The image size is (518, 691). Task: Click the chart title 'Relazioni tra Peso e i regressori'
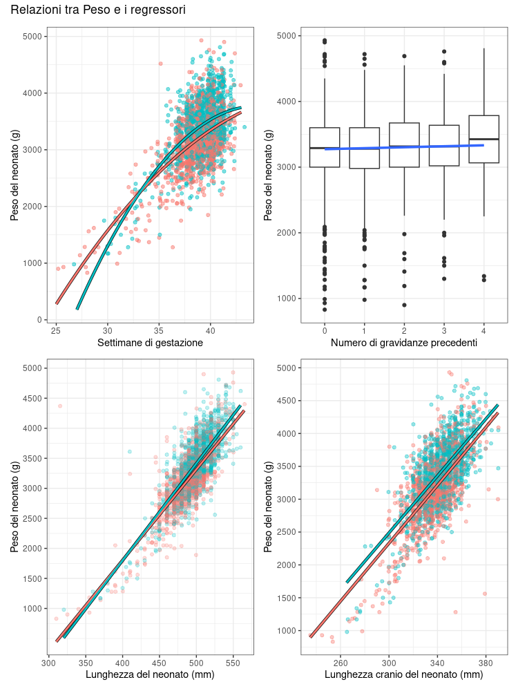click(98, 10)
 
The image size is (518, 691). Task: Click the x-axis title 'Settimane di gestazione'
click(150, 343)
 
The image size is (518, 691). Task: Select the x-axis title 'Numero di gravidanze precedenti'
click(404, 343)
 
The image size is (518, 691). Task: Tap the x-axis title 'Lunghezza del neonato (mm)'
click(150, 674)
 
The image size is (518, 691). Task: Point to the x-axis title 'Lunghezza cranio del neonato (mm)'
click(404, 674)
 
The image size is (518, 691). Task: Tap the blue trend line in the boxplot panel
click(404, 146)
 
